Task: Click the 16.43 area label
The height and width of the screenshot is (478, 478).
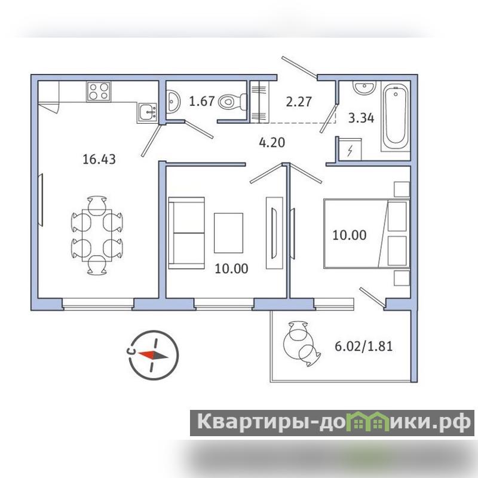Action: click(99, 159)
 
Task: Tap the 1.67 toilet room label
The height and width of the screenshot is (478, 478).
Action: click(202, 101)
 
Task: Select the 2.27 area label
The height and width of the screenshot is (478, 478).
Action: click(299, 102)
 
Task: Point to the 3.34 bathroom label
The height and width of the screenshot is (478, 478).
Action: click(361, 118)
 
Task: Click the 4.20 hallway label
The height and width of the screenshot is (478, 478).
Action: click(272, 142)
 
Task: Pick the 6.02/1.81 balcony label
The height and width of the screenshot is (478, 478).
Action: click(364, 347)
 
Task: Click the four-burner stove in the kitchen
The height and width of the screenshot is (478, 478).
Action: click(99, 91)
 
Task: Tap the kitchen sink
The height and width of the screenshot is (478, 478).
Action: click(147, 113)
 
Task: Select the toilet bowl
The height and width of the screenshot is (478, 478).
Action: click(233, 102)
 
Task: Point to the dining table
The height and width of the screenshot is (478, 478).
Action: click(97, 235)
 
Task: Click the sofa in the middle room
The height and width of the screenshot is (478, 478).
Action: click(186, 233)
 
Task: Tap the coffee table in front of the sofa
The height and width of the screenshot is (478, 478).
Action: click(229, 233)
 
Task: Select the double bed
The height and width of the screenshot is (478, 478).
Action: click(366, 234)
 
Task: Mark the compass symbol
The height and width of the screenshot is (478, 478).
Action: click(154, 355)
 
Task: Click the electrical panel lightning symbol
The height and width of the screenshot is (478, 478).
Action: click(350, 151)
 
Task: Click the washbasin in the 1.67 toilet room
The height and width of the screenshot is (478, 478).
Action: click(173, 101)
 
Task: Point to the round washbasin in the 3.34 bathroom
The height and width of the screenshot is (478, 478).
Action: click(364, 87)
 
